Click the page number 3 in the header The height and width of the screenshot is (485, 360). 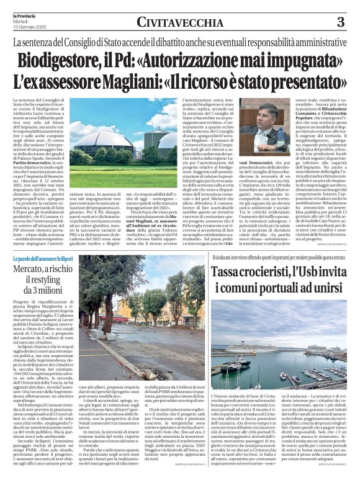[340, 22]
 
